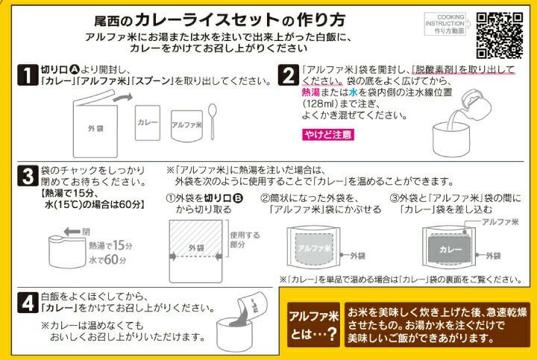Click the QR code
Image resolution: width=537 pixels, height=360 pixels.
[x=500, y=36]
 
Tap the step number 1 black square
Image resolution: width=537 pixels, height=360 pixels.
[x=28, y=75]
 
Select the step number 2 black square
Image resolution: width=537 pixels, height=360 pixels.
[x=289, y=75]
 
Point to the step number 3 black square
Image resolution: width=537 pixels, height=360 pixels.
[x=28, y=176]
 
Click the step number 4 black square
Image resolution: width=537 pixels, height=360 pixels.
[x=28, y=303]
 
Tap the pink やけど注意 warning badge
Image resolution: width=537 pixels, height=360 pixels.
[x=328, y=134]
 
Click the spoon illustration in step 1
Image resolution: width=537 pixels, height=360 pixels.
[x=213, y=121]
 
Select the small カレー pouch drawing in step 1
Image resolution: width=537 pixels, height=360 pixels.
[x=148, y=123]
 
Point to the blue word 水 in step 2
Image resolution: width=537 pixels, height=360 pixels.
[x=353, y=92]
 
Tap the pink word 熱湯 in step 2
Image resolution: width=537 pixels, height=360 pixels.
[x=311, y=92]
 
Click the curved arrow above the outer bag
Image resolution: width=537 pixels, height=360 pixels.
[x=122, y=98]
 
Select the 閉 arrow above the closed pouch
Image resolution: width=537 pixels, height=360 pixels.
[x=72, y=232]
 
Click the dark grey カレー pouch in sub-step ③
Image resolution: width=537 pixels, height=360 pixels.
[x=450, y=249]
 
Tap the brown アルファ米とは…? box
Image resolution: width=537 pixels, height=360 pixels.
[x=313, y=324]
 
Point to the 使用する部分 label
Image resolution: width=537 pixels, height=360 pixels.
[x=245, y=239]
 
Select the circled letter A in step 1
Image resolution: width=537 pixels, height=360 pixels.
[x=74, y=69]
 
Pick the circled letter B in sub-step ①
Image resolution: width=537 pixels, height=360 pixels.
[x=238, y=198]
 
